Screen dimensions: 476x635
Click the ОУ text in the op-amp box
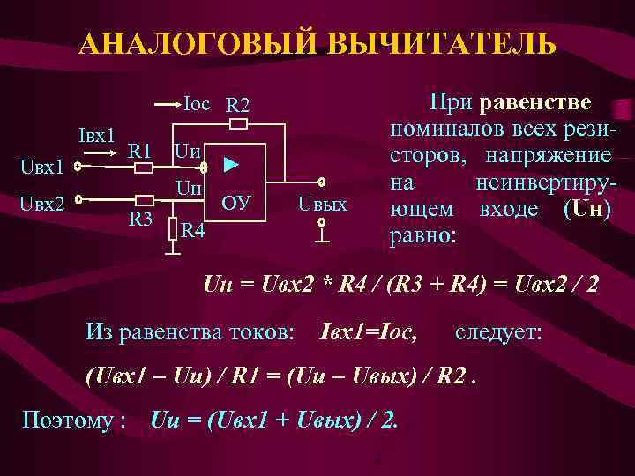(x=236, y=204)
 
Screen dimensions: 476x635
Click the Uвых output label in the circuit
(x=322, y=205)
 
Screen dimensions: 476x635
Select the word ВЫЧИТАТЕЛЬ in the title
(x=441, y=44)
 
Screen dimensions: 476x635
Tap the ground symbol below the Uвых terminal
(x=323, y=235)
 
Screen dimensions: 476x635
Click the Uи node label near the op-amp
(x=187, y=151)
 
